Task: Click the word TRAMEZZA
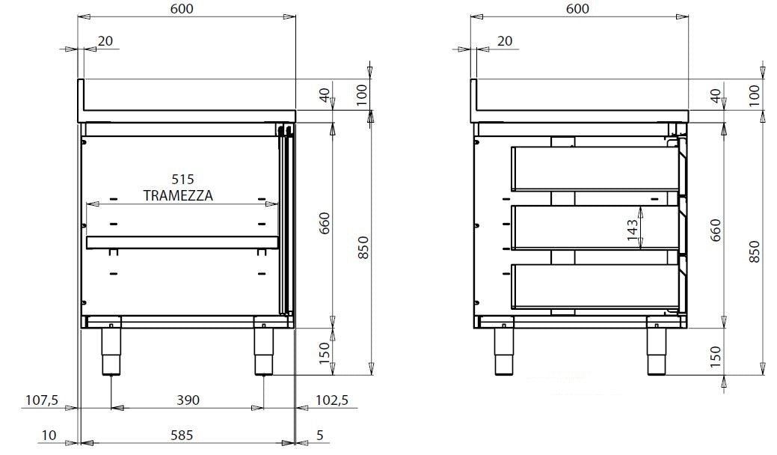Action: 178,195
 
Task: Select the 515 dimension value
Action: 182,180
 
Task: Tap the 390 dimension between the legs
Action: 188,400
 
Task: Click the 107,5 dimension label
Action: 41,400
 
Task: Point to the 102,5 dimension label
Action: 333,400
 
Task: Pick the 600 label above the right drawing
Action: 577,8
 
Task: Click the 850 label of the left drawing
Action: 363,248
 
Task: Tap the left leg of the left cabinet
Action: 111,351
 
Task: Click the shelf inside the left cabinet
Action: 182,242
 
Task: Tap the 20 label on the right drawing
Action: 504,40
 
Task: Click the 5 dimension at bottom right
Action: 319,434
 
